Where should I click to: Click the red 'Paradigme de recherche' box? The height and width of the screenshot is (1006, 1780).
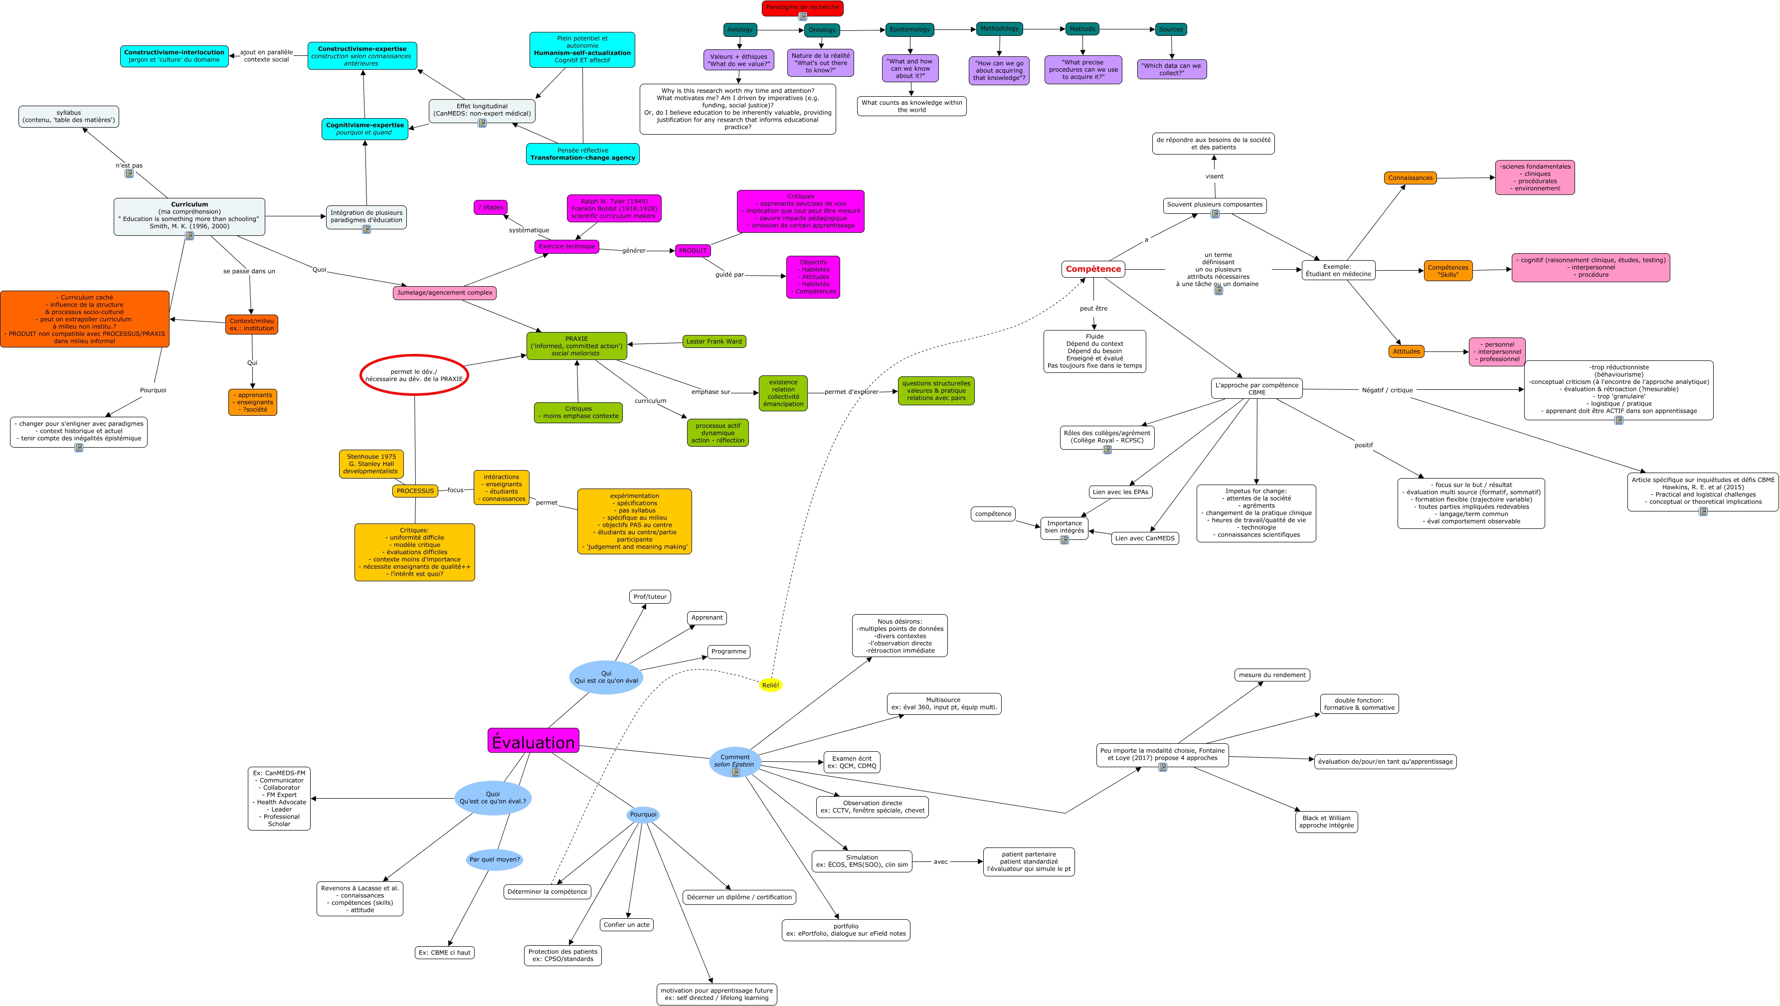pos(802,7)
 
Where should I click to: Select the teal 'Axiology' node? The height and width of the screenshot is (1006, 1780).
pos(739,30)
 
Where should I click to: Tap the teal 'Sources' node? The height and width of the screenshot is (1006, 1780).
pos(1171,29)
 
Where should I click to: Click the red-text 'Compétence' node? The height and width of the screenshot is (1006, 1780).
pos(1092,269)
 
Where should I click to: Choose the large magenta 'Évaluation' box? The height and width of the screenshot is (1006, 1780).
pos(533,741)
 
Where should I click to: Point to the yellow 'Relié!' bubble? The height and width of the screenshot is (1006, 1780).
pos(770,685)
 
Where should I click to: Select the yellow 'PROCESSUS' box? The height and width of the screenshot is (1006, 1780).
pos(415,491)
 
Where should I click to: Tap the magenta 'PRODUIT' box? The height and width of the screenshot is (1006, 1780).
pos(693,251)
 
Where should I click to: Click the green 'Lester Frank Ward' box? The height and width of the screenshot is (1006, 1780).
pos(714,341)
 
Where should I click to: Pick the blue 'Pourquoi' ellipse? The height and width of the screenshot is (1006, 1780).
pos(643,815)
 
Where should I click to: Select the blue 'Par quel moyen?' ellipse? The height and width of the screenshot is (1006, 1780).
pos(494,859)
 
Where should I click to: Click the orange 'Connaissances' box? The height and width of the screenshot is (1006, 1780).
pos(1410,177)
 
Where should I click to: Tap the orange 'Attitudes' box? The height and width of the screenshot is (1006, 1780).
pos(1406,351)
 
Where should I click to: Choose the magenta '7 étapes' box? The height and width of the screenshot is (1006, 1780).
pos(490,207)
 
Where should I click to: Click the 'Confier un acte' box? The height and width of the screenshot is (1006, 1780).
pos(626,924)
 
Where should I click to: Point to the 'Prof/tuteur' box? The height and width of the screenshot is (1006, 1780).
pos(650,597)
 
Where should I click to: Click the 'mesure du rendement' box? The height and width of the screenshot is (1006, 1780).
pos(1271,675)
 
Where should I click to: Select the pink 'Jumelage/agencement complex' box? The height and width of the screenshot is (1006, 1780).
pos(444,293)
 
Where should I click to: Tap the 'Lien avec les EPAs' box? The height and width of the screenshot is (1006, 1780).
pos(1120,492)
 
